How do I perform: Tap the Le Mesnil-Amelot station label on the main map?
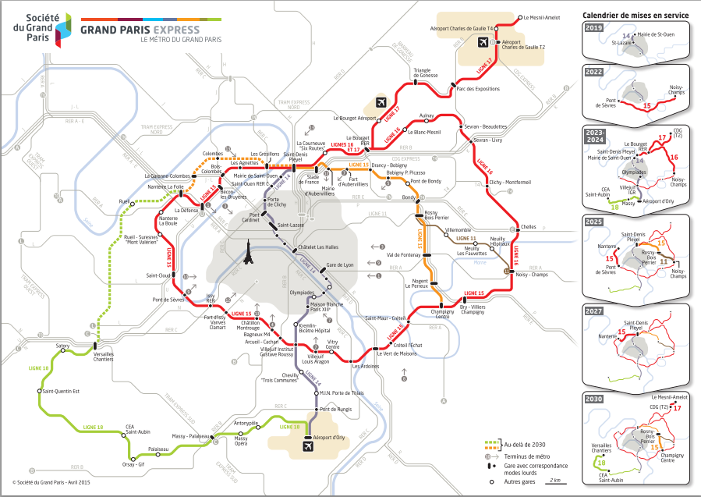[x=540, y=16]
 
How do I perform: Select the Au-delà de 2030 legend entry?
[x=524, y=444]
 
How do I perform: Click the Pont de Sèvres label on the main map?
[x=168, y=300]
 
